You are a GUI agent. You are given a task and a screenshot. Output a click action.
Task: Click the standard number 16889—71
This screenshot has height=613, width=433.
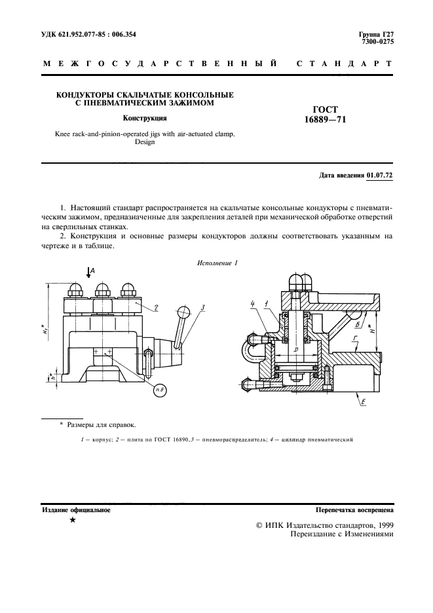tap(325, 119)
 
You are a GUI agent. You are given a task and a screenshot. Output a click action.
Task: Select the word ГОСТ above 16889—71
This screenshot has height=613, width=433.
tap(326, 109)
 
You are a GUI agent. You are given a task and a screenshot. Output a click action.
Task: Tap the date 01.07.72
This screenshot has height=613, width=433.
tap(379, 175)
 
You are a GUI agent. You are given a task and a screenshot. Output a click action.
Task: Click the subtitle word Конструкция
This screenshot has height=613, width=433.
tap(145, 118)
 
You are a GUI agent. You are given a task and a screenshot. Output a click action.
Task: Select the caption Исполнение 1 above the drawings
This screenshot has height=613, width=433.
tap(217, 263)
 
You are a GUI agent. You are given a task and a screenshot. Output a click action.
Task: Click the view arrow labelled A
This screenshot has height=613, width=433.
tap(89, 272)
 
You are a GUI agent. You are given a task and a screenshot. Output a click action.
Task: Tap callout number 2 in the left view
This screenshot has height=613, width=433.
tap(156, 308)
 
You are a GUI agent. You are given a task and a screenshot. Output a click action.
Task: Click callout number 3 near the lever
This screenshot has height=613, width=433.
tap(202, 308)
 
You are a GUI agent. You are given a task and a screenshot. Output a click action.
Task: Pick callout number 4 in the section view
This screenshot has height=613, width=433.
tap(253, 304)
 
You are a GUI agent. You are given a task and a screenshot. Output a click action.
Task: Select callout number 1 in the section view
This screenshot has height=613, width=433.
tap(266, 304)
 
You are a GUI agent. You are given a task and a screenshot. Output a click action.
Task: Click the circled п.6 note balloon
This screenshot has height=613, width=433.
tap(159, 390)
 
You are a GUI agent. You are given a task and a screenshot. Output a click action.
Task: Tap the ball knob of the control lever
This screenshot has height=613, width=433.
tap(183, 312)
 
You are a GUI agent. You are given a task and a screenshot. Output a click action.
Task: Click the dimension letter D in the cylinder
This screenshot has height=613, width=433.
tap(295, 350)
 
